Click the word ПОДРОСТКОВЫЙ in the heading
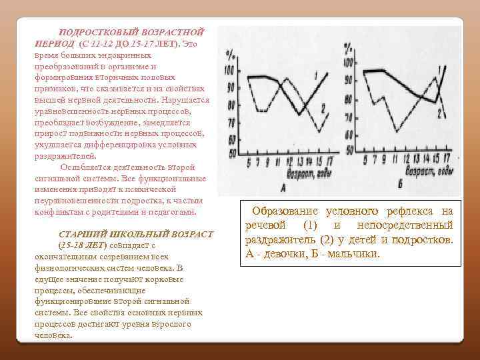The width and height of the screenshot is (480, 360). coord(93,32)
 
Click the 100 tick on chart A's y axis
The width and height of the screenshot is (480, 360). coord(229,70)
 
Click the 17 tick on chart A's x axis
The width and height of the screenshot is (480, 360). coord(329,161)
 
